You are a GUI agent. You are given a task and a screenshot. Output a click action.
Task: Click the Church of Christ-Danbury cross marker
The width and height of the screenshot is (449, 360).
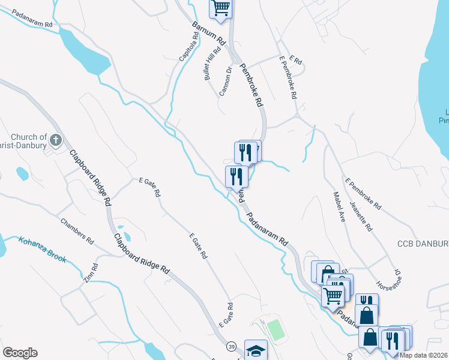click(x=55, y=141)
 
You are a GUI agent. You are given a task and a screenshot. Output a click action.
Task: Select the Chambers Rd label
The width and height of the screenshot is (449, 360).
click(x=77, y=231)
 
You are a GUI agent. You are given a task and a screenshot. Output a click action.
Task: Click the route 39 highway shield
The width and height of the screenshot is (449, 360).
click(x=232, y=347)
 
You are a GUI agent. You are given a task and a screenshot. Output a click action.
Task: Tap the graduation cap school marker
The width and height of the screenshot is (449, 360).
click(x=256, y=350)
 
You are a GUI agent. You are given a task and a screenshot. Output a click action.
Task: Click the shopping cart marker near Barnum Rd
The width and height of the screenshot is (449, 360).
click(x=221, y=7)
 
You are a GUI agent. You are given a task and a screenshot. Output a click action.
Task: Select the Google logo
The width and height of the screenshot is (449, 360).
click(x=19, y=353)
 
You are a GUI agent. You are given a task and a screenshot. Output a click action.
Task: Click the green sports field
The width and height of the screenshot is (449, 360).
click(x=275, y=329)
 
